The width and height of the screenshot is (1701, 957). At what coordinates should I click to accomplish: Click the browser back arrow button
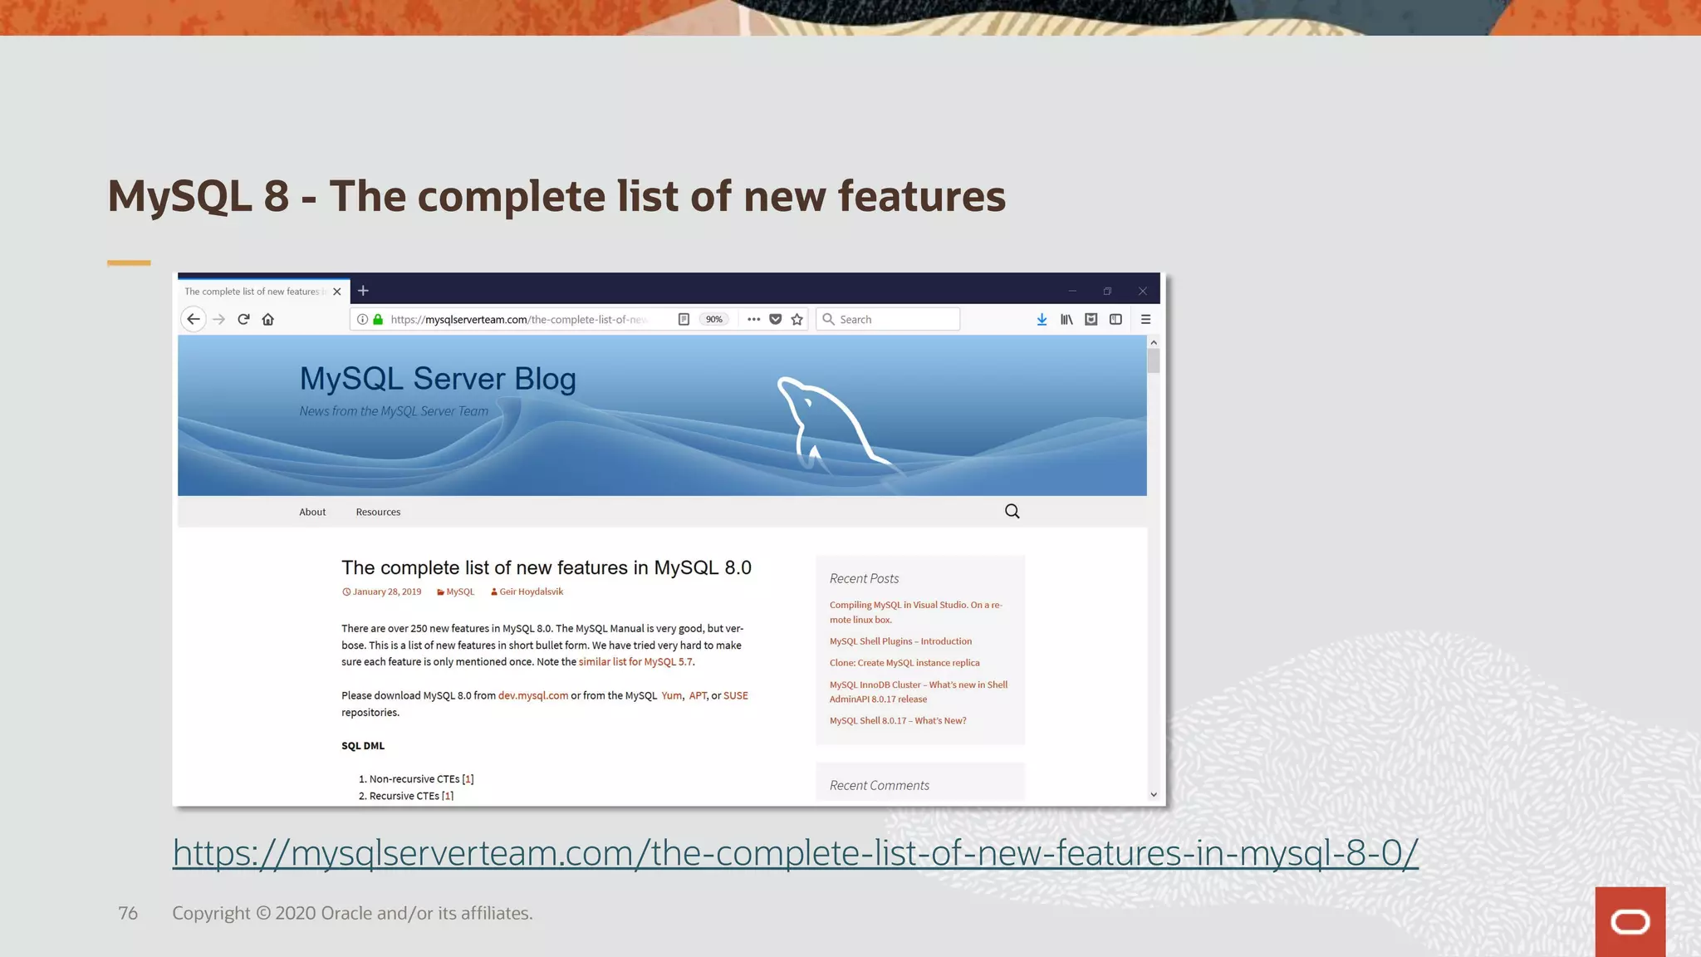194,319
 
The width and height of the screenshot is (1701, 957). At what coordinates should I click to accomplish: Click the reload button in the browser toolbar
243,319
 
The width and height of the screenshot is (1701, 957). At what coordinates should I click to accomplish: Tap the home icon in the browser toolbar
267,319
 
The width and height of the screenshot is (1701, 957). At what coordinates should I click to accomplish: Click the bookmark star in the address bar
797,319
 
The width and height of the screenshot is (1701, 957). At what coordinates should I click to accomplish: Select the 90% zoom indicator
713,319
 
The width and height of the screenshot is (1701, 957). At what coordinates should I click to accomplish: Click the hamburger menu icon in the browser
1145,319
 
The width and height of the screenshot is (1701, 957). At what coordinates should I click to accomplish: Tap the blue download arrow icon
1042,319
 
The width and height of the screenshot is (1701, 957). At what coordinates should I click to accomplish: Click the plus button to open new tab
363,291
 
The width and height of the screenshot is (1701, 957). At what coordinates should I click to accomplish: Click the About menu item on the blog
312,512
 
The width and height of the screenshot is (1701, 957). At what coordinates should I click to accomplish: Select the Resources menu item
378,512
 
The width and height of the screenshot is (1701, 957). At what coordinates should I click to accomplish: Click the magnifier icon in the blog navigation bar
1012,511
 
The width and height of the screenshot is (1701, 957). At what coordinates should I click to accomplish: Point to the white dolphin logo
826,424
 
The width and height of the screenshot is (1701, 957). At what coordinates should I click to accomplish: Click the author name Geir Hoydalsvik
531,591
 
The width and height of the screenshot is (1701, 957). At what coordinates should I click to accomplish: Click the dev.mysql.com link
533,695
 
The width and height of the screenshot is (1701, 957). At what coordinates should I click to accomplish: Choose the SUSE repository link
735,695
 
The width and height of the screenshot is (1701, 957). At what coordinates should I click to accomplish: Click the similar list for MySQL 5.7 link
635,662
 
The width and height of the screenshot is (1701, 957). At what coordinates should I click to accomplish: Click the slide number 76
128,913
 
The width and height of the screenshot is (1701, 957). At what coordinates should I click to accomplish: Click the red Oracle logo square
1630,921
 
